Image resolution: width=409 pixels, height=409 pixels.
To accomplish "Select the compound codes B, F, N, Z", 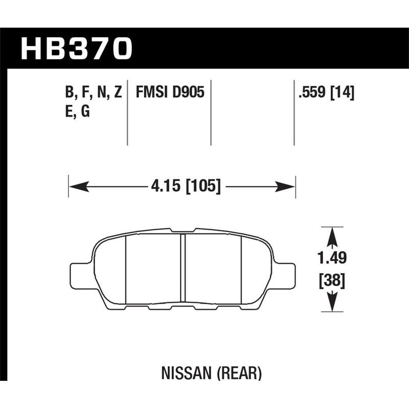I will pos(93,93).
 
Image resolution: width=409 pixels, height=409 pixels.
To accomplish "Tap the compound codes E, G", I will pos(78,112).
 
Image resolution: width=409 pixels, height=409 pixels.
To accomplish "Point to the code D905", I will pos(188,93).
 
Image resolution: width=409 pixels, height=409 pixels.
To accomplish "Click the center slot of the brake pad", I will pos(183,267).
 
